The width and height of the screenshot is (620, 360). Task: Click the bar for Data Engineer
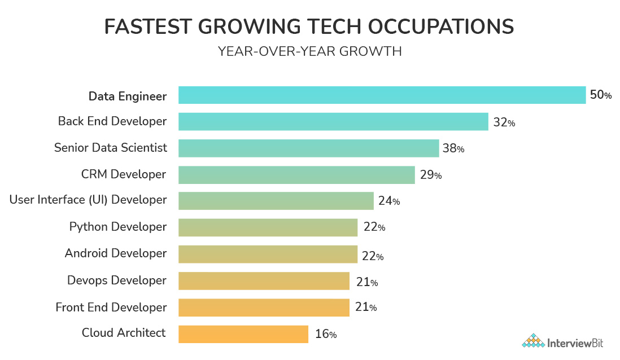[382, 95]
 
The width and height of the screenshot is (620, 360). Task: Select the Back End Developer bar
[333, 122]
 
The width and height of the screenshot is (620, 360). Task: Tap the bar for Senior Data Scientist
[308, 148]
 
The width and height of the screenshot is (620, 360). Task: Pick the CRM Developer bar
[296, 175]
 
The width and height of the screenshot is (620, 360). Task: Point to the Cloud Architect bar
[243, 334]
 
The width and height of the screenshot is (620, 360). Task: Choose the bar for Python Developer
[268, 227]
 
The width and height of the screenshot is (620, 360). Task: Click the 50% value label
[601, 95]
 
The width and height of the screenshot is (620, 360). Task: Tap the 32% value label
[504, 122]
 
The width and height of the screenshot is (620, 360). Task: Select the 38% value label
[454, 149]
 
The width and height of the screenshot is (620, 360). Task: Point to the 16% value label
[326, 335]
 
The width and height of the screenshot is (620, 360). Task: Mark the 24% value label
[389, 201]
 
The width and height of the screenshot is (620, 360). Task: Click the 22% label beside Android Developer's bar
[373, 256]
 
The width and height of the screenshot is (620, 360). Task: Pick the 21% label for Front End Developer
[365, 308]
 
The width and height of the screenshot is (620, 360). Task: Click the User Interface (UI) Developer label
[88, 200]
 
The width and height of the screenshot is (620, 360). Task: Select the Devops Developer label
[117, 280]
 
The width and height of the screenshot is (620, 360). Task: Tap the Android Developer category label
[116, 253]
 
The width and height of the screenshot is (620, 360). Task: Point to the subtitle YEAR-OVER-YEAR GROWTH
[310, 51]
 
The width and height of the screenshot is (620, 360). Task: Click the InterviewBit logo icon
[532, 341]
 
